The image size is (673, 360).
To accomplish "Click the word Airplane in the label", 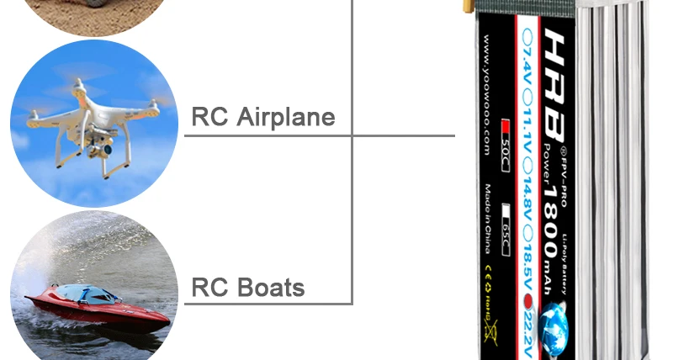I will (286, 117).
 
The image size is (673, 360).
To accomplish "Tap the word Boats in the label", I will (273, 288).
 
